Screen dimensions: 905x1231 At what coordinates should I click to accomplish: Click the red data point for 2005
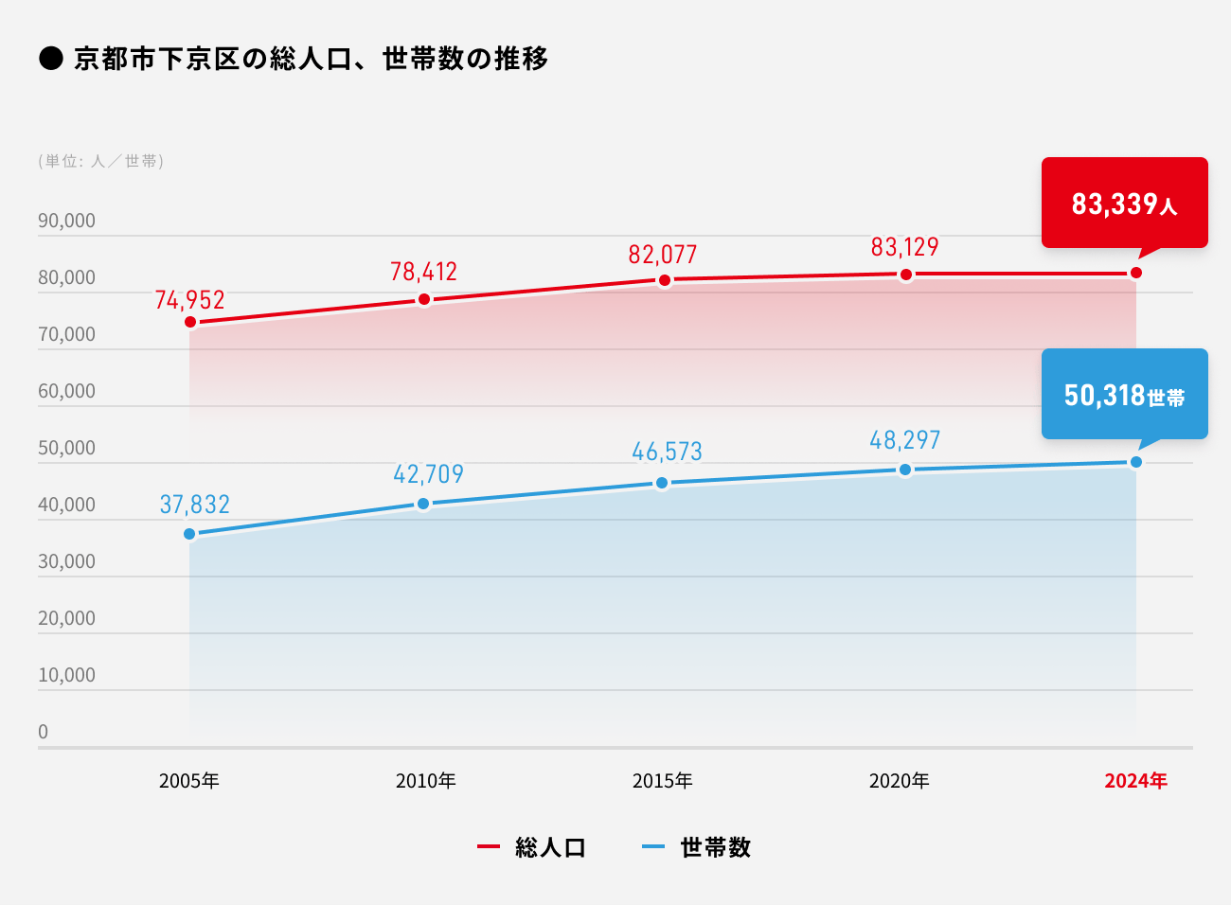point(190,322)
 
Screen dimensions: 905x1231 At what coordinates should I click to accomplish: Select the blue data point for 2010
point(423,504)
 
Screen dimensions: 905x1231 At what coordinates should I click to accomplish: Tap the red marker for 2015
point(665,280)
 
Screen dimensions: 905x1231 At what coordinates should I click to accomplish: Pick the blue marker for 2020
point(905,470)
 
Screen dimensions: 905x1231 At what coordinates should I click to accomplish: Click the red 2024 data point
point(1136,273)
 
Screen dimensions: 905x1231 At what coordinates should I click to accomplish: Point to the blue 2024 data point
point(1136,462)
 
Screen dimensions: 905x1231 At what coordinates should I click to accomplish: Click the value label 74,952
point(189,300)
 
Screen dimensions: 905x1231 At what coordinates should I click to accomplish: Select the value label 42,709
point(428,473)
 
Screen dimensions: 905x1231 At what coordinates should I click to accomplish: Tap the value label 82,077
point(662,255)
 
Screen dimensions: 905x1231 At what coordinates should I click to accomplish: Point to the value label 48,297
point(904,440)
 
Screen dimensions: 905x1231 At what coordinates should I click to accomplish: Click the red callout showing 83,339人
point(1124,203)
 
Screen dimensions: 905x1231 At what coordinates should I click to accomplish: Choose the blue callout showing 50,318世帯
point(1124,394)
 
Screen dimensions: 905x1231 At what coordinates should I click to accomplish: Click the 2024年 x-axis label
point(1135,781)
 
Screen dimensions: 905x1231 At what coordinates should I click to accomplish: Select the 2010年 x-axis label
point(425,781)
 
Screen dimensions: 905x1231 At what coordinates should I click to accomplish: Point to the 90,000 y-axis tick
point(66,221)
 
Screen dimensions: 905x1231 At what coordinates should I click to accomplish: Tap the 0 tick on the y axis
point(43,732)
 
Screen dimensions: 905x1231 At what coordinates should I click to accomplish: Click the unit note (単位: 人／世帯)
point(100,161)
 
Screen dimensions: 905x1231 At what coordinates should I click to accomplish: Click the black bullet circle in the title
point(50,59)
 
